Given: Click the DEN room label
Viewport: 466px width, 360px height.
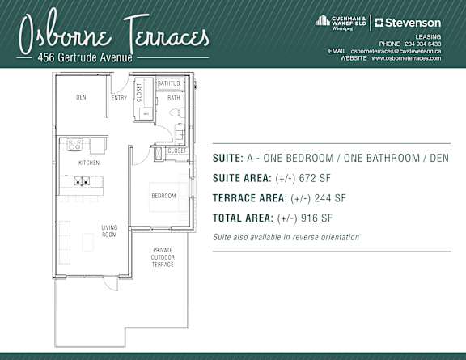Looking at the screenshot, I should pos(81,98).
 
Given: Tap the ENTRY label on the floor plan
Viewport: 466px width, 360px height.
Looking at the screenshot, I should pos(119,98).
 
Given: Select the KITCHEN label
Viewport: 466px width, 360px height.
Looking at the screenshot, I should pos(88,163).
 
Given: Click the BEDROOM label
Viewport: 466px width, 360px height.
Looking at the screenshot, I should pos(164,197).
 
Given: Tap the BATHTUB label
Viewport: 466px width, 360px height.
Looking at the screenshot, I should pos(168,84).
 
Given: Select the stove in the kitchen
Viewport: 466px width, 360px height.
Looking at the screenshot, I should pos(74,145).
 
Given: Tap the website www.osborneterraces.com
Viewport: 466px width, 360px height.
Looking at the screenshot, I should pos(406,58).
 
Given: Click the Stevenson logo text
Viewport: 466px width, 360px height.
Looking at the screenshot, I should pos(412,22).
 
